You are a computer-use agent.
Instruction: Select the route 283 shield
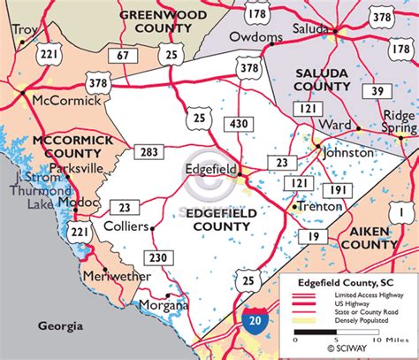pos(149,152)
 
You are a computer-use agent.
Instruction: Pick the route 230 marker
pos(158,257)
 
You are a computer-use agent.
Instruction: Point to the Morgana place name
pos(162,306)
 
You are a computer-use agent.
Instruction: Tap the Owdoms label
pos(256,37)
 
